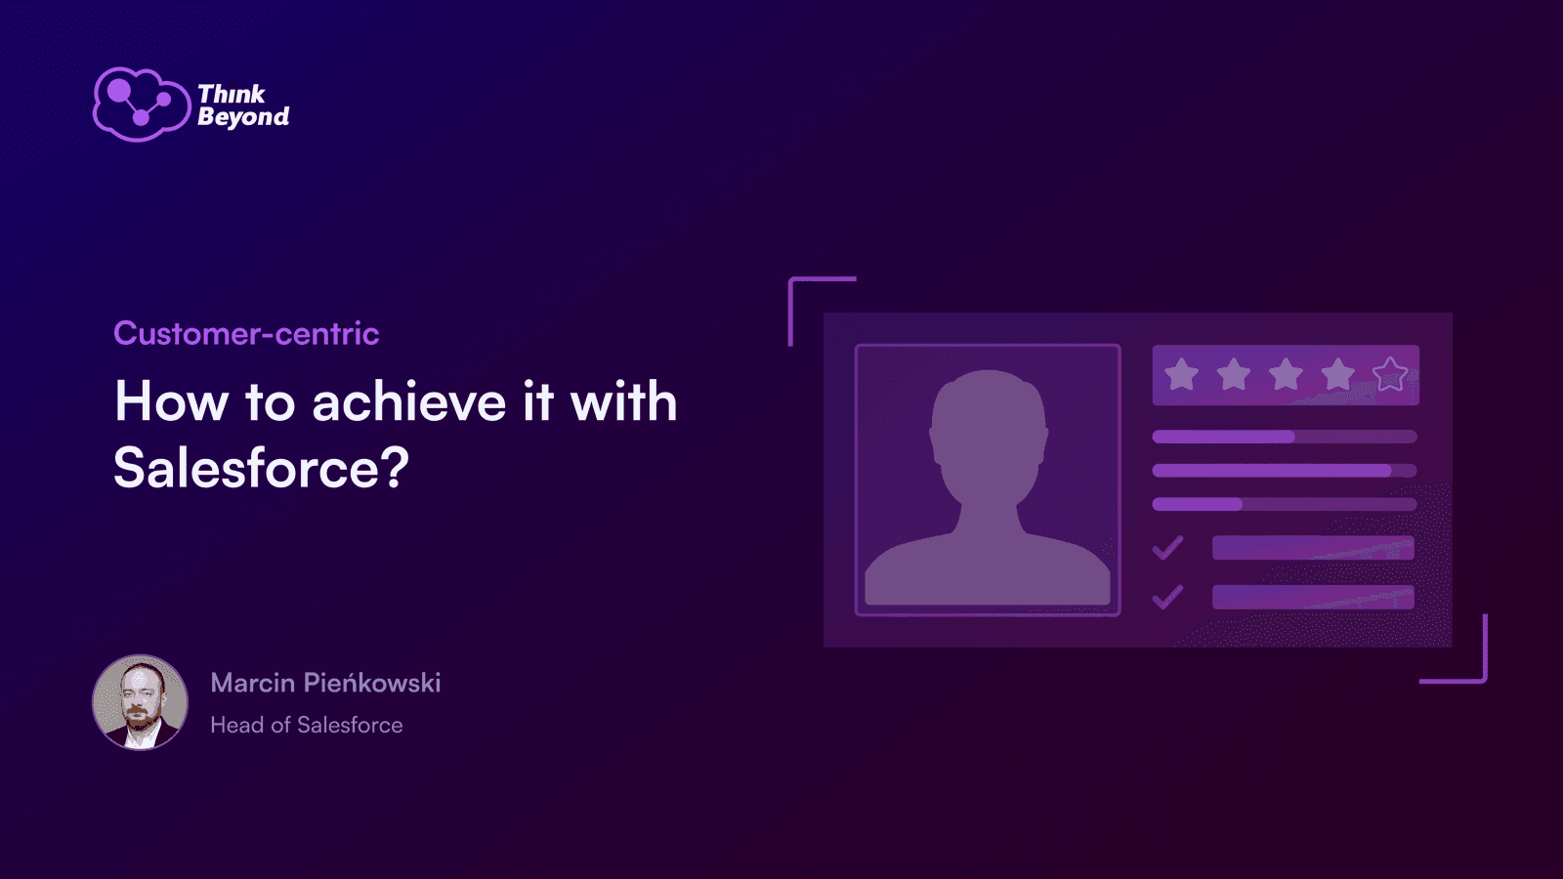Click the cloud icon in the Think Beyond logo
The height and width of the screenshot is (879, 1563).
142,104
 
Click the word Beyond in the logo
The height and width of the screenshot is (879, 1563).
243,116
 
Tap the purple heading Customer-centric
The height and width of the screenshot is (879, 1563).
246,333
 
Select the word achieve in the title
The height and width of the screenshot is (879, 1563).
409,402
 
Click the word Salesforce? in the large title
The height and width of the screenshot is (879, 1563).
261,467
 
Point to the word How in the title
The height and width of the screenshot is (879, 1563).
172,401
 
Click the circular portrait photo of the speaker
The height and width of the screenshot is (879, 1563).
141,702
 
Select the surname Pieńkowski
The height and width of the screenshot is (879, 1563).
373,683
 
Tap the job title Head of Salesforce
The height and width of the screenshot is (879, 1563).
307,725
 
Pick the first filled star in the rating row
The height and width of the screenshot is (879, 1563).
1181,375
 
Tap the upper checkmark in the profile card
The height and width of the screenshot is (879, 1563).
1167,548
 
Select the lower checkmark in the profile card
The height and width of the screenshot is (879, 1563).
1167,597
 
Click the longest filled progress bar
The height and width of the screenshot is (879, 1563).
1271,471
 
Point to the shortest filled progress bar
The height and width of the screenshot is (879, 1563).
1197,504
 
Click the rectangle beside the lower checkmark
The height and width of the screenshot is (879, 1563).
1313,597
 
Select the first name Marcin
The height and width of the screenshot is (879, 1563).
253,683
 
